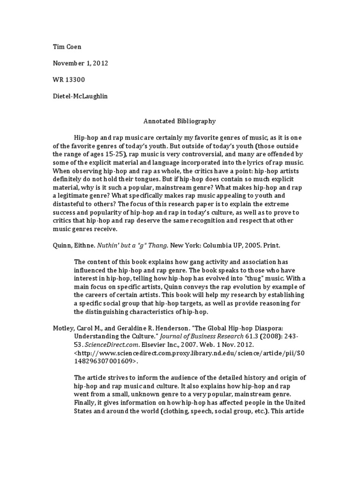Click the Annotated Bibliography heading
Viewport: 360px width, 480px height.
tap(180, 121)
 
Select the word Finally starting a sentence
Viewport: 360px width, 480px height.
tap(85, 402)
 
